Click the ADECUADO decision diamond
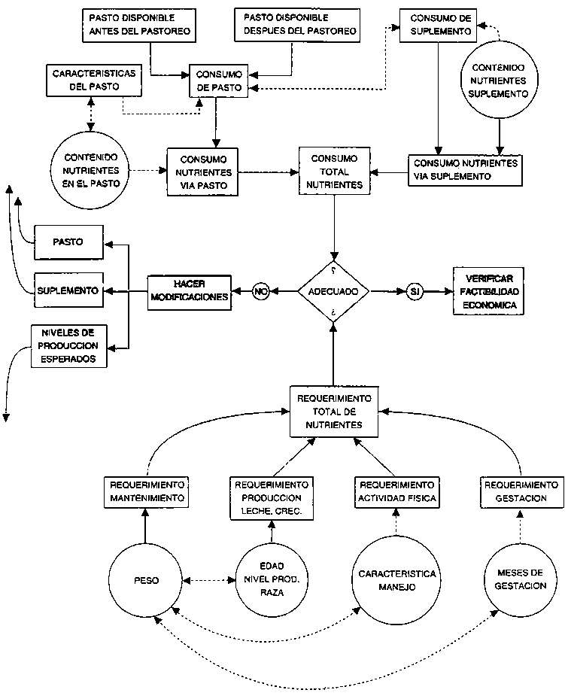333,290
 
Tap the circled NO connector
260,291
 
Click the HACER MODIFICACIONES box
189,290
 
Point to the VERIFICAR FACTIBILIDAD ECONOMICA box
487,290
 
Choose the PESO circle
146,580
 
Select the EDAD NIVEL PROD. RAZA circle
269,580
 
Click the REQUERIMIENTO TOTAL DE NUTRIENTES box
333,412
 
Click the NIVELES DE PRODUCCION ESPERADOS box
68,347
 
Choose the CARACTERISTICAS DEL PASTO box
83,81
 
